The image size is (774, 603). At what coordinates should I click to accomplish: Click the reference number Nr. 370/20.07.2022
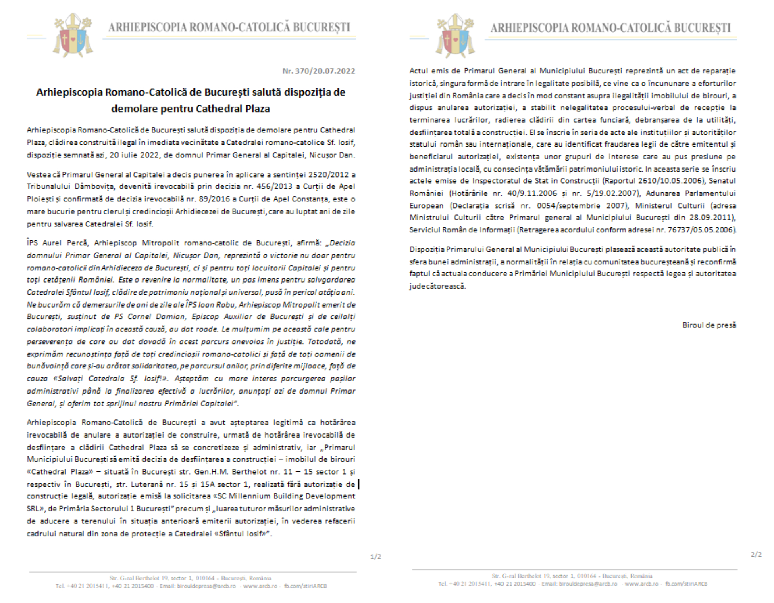(x=318, y=71)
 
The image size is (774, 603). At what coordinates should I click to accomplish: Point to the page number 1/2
(x=375, y=557)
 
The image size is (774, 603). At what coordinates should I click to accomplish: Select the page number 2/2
(x=756, y=555)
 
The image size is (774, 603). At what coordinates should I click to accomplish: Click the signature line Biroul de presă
(x=709, y=325)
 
